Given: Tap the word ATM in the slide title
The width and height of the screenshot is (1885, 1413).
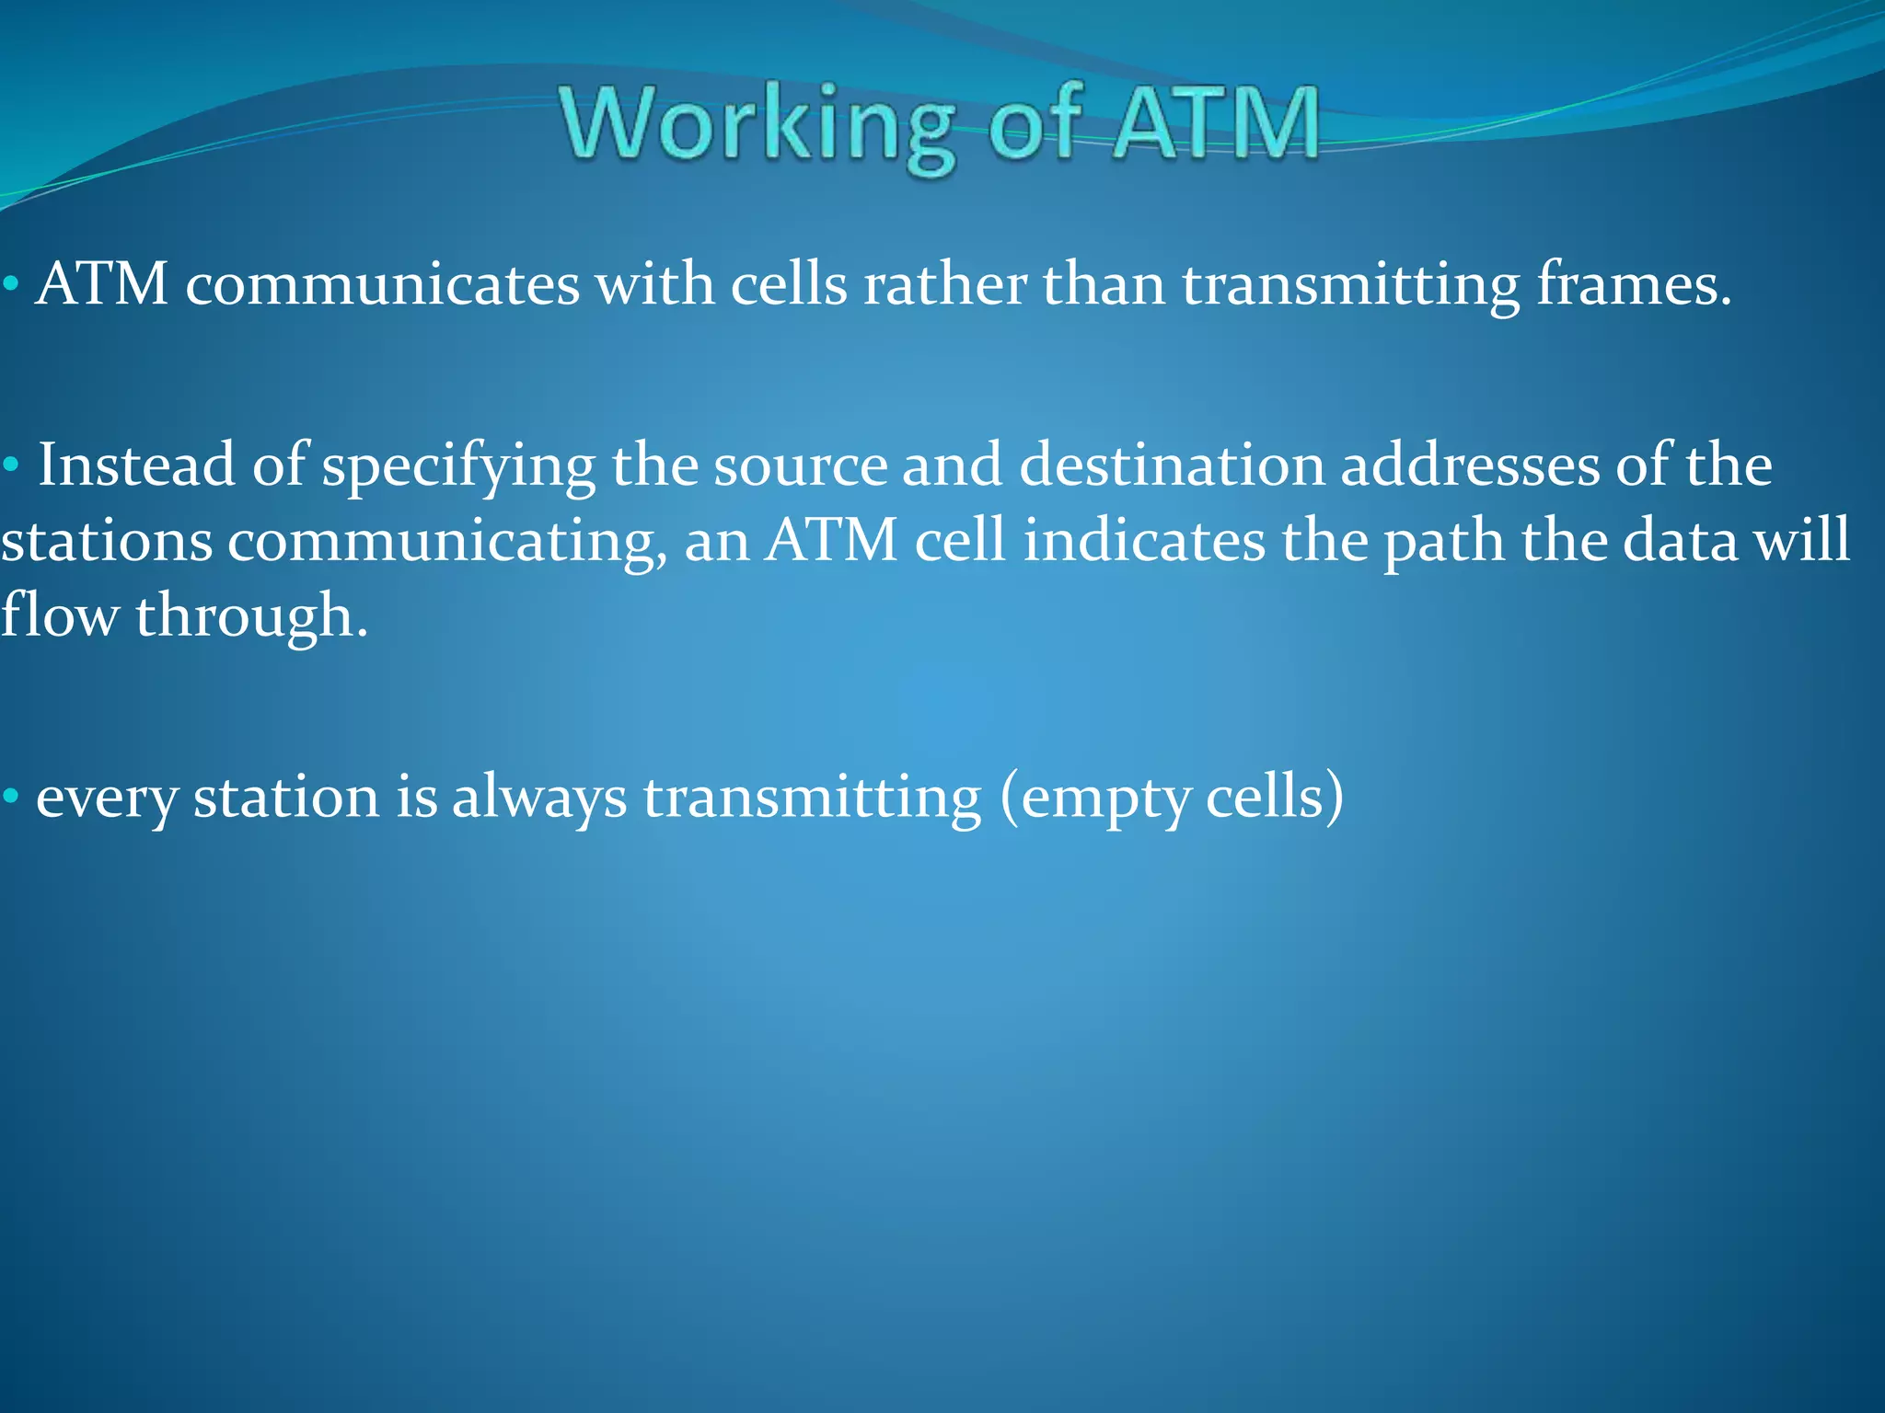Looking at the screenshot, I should click(1215, 123).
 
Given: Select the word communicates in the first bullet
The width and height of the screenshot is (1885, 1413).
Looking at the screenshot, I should click(383, 284).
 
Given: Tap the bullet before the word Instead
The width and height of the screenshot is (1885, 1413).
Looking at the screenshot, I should click(10, 465).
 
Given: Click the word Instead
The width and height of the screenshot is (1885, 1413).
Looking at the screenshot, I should click(136, 465).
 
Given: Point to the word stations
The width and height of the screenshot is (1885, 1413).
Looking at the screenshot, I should click(106, 541).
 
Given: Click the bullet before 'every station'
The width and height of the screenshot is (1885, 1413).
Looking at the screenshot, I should click(10, 796).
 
